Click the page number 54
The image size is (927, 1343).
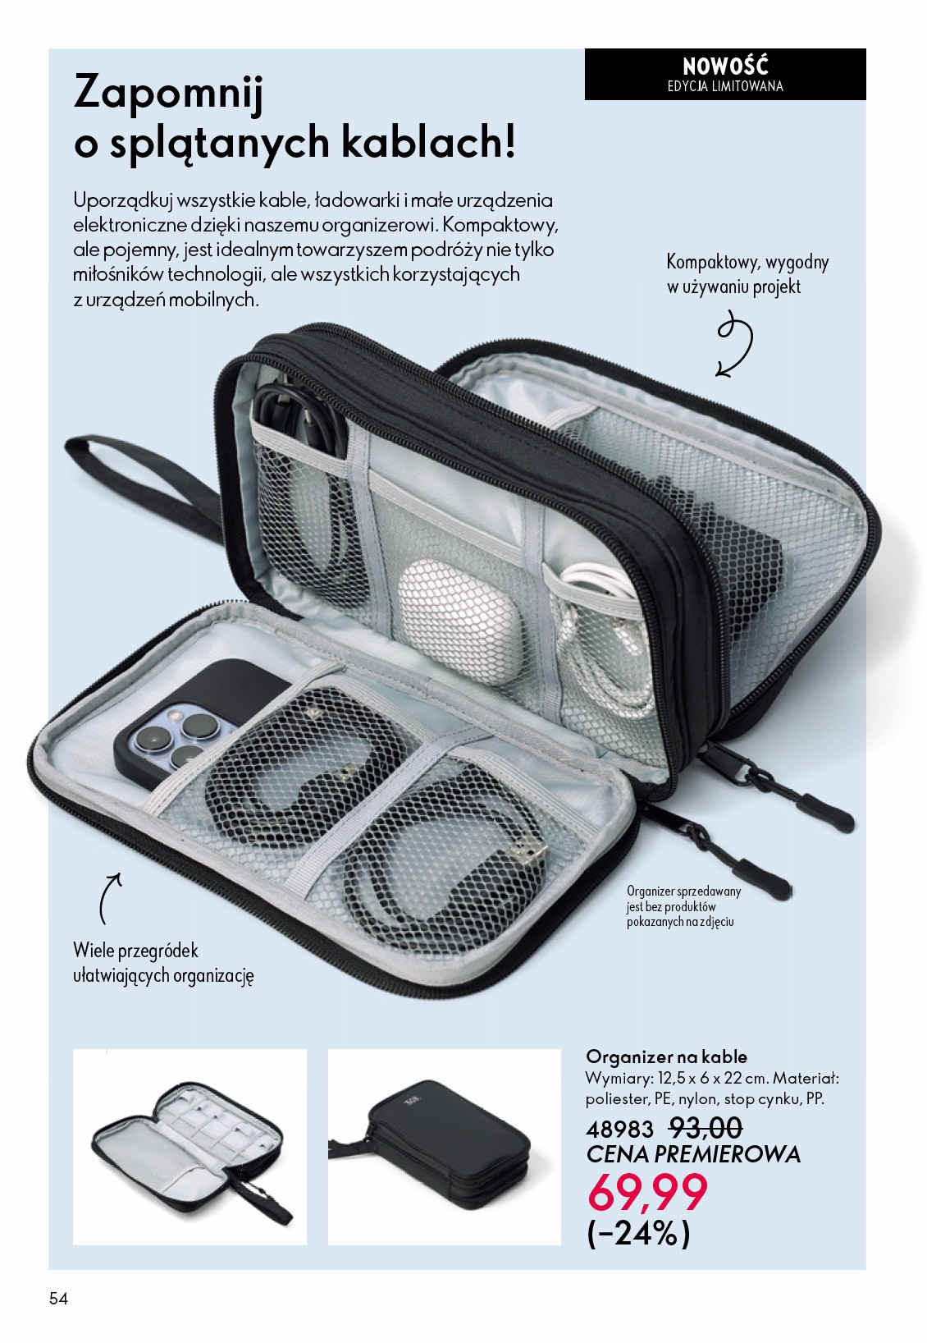[x=58, y=1298]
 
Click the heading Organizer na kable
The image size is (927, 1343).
[x=666, y=1057]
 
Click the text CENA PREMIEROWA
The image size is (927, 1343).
[x=693, y=1154]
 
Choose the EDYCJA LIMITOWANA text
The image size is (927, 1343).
[x=725, y=85]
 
